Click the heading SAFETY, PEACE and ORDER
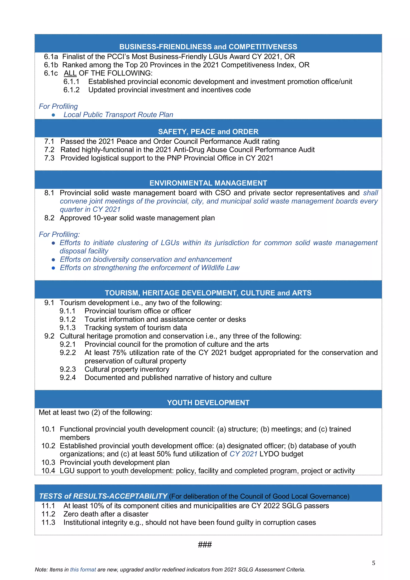[208, 132]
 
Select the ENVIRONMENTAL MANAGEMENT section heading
[208, 183]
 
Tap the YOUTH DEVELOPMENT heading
[208, 402]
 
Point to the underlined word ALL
[70, 73]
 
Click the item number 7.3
[49, 158]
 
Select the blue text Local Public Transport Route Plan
[118, 115]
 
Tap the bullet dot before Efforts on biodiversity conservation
[53, 260]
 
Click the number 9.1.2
[67, 319]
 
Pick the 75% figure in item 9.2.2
[119, 353]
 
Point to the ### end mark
[205, 544]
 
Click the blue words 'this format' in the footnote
[83, 570]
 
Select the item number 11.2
[48, 514]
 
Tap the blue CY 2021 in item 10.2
[243, 454]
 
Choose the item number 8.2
[49, 218]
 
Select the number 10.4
[48, 471]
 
